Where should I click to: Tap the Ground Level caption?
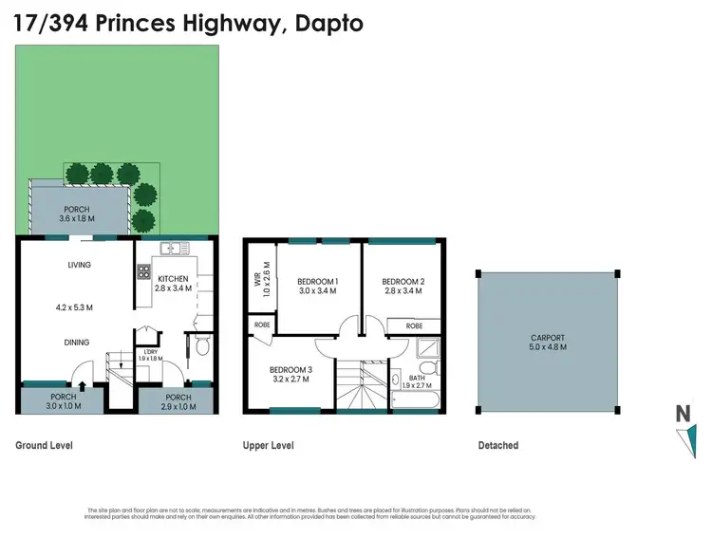coord(45,445)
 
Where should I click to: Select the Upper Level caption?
coord(269,445)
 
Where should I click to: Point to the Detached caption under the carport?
coord(497,445)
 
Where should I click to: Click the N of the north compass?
coord(682,414)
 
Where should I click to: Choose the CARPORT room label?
coord(548,337)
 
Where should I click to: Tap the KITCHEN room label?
coord(174,279)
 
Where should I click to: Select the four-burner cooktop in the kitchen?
coord(144,270)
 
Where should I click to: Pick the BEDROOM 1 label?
coord(318,282)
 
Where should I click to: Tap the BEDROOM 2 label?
coord(403,282)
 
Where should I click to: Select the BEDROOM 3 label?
coord(290,369)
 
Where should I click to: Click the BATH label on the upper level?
coord(415,377)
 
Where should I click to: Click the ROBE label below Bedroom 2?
coord(414,325)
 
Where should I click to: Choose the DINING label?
coord(77,343)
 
